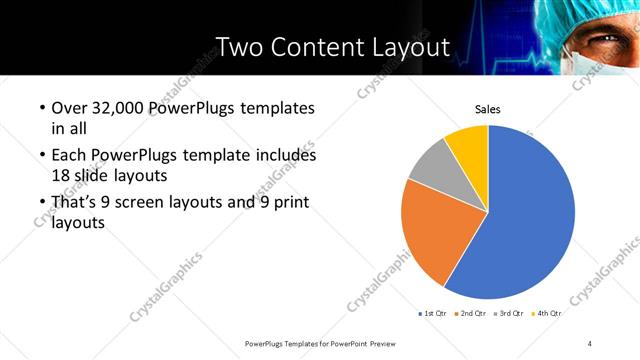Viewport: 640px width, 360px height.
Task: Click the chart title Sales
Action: tap(487, 109)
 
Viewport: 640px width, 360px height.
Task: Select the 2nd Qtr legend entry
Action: tap(471, 313)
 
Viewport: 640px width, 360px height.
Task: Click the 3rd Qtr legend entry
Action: tap(508, 313)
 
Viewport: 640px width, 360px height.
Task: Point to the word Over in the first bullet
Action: tap(72, 108)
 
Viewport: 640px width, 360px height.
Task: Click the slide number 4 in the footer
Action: tap(590, 343)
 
